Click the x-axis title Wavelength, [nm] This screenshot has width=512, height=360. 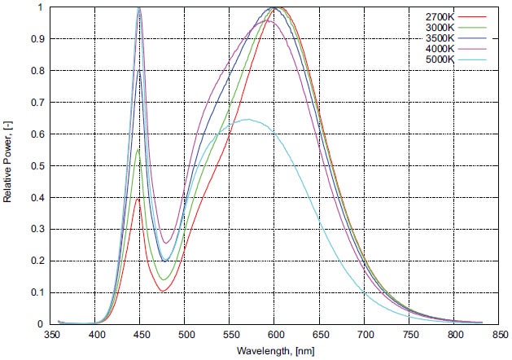pos(276,350)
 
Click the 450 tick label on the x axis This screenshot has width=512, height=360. pos(141,335)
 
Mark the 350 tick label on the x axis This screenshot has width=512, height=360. pos(51,335)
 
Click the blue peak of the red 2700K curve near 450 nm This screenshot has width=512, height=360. pos(139,198)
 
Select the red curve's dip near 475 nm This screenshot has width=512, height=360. pos(164,291)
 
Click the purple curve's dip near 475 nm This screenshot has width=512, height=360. pos(166,243)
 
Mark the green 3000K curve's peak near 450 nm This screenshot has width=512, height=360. pos(139,150)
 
